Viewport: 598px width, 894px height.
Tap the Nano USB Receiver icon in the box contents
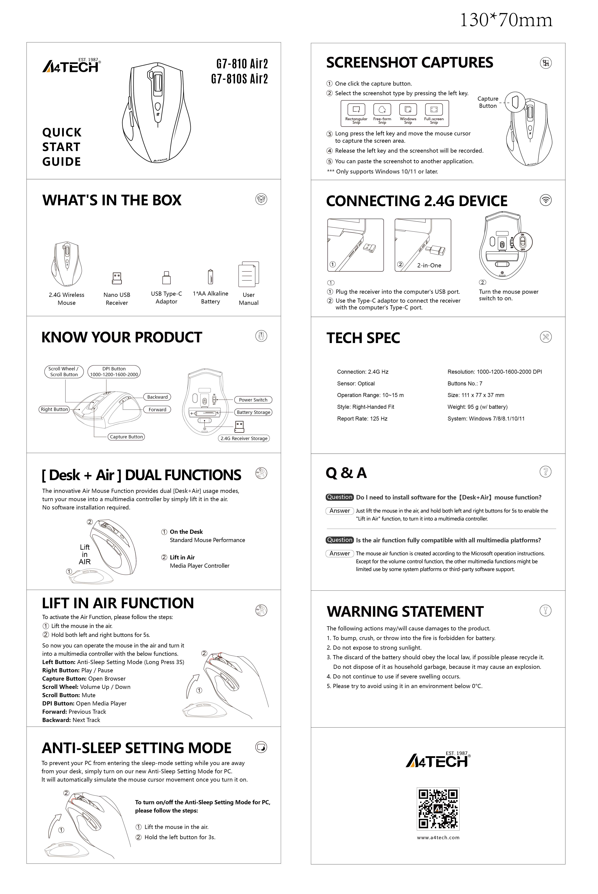coord(117,278)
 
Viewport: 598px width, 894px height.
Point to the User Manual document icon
coord(248,274)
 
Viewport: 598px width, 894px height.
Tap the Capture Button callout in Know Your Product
coord(126,437)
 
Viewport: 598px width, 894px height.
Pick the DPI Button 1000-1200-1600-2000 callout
coord(114,372)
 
